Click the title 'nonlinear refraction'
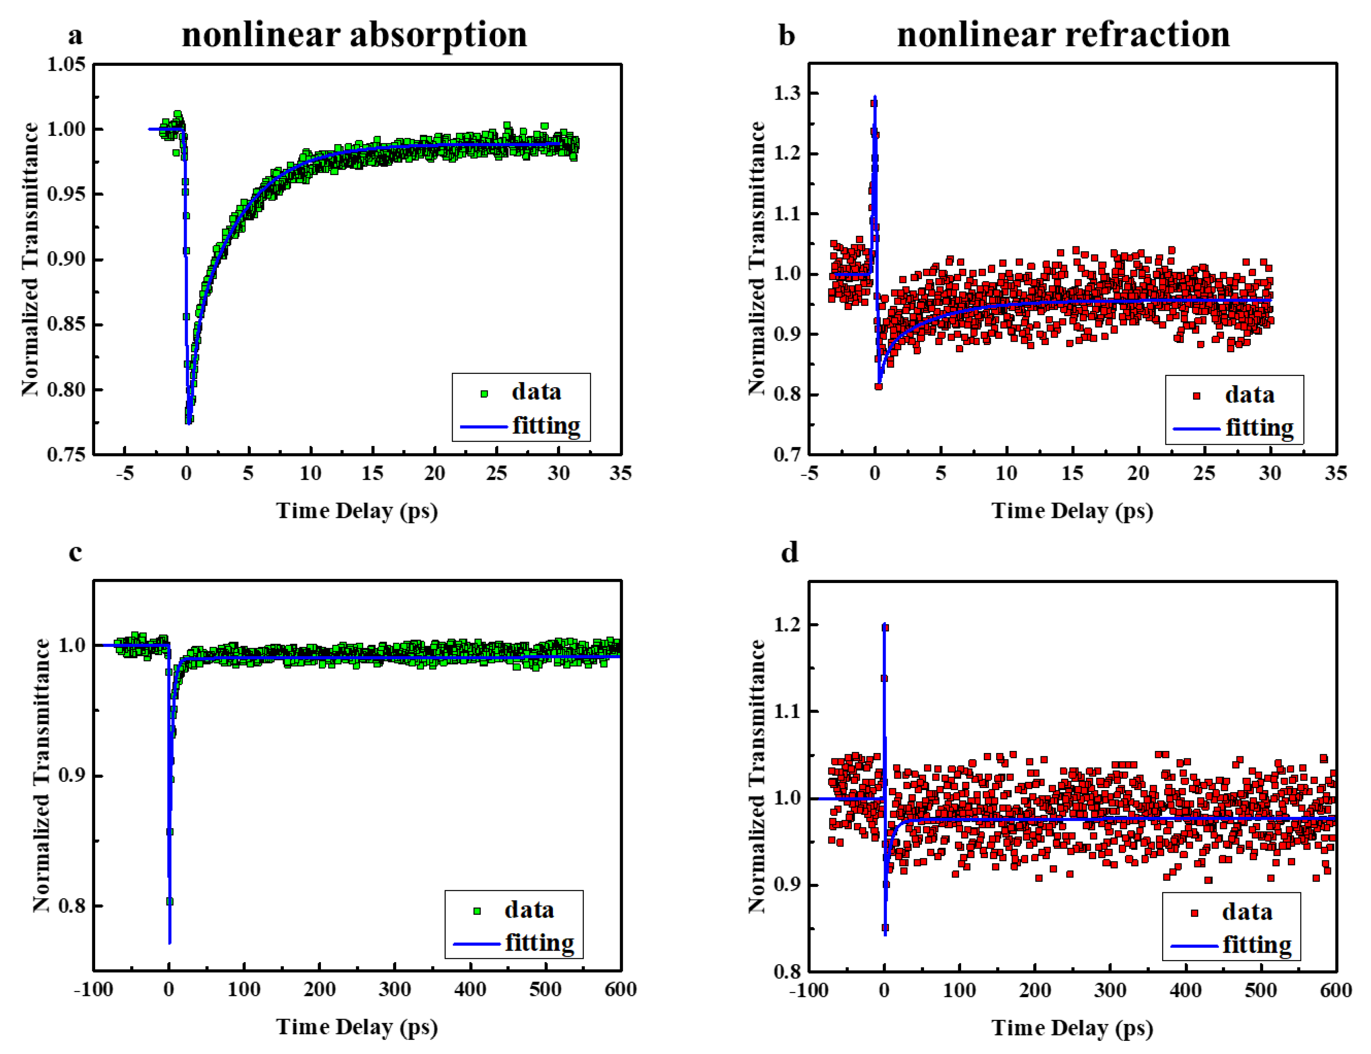click(x=1063, y=35)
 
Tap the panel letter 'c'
click(x=75, y=552)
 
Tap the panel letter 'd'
click(x=789, y=552)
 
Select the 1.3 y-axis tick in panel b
click(x=787, y=93)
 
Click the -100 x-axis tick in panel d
click(x=809, y=991)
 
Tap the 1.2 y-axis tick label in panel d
click(x=787, y=625)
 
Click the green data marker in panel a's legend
click(x=484, y=393)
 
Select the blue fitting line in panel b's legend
click(x=1196, y=429)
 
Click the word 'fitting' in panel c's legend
click(x=539, y=943)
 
